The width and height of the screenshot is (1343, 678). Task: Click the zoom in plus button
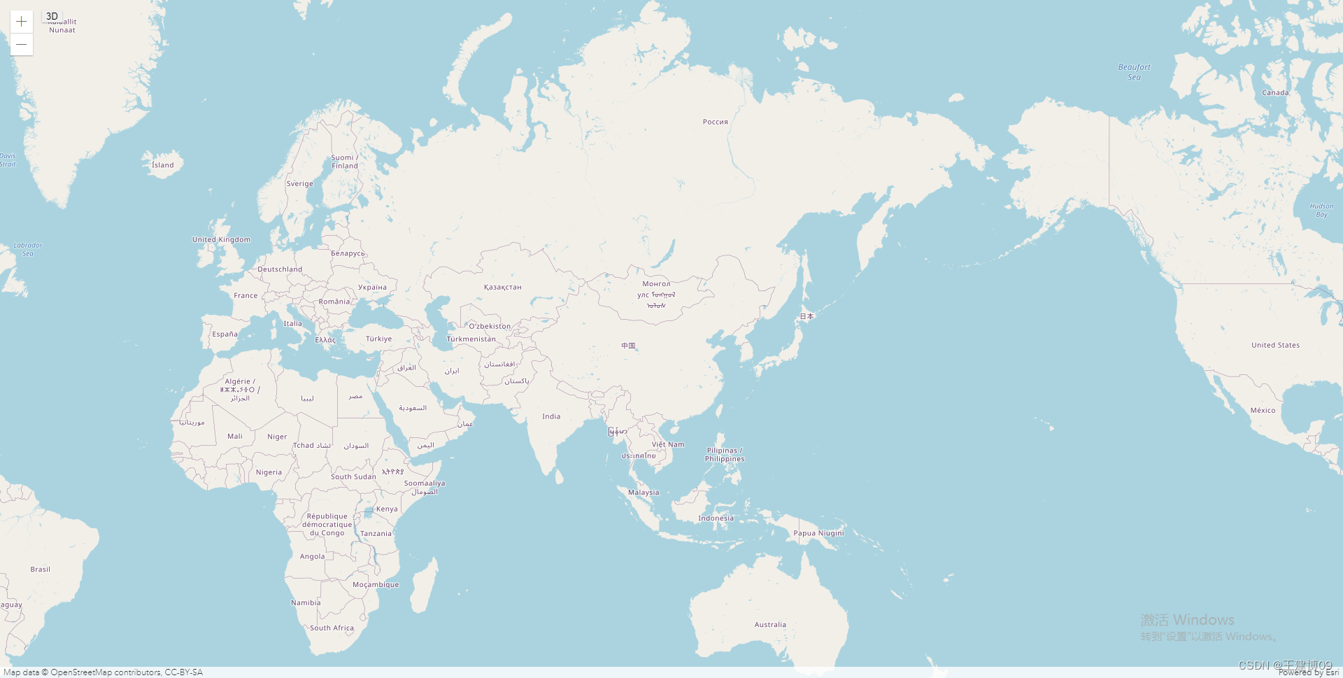pos(22,22)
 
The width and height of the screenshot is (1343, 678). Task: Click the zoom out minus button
pos(22,44)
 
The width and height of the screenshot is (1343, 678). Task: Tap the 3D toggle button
pos(52,16)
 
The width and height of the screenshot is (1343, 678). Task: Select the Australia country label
pos(770,625)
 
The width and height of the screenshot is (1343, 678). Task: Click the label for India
pos(551,416)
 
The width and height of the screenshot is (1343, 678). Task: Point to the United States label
pos(1275,345)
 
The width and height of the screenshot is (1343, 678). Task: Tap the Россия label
pos(715,122)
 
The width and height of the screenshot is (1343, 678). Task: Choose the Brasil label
pos(40,570)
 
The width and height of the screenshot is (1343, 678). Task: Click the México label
pos(1263,411)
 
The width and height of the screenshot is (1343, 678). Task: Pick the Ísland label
pos(163,165)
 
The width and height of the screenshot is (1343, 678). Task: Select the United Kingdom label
pos(221,239)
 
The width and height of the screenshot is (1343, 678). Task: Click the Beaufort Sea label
pos(1134,72)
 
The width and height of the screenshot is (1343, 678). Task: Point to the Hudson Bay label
pos(1321,210)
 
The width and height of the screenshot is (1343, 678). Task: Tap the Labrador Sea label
pos(28,249)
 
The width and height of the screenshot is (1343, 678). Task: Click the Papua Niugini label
pos(818,533)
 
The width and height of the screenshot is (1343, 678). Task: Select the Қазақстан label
pos(502,287)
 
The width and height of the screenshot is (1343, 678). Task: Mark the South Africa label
pos(332,628)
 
